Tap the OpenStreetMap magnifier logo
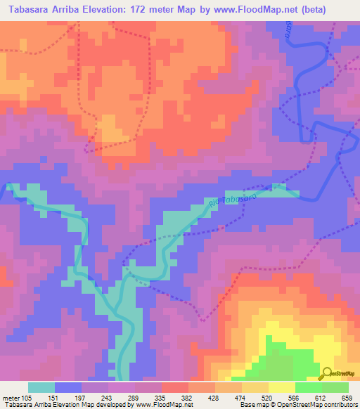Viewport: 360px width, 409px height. coord(326,372)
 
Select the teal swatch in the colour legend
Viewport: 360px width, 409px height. coord(41,387)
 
